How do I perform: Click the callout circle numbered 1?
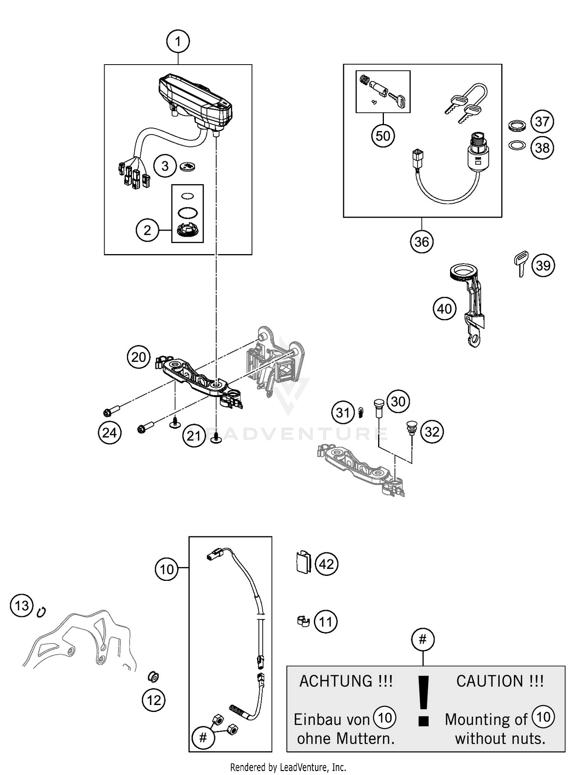[x=178, y=41]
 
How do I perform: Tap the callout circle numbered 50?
[x=383, y=136]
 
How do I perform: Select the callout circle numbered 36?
[x=422, y=242]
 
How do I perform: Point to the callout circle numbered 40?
[x=445, y=309]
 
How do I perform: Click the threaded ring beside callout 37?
[x=517, y=125]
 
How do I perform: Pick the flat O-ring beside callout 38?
[x=517, y=145]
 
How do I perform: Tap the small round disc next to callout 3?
[x=188, y=166]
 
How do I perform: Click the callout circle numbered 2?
[x=147, y=230]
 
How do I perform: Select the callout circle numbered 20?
[x=138, y=357]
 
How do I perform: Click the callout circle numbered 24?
[x=109, y=432]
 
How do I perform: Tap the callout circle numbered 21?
[x=194, y=436]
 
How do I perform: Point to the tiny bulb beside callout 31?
[x=361, y=412]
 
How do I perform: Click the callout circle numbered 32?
[x=432, y=432]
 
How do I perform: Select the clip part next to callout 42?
[x=303, y=563]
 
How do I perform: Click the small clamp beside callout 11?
[x=303, y=621]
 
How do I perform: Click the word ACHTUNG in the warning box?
[x=335, y=681]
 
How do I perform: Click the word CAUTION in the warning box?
[x=489, y=681]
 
